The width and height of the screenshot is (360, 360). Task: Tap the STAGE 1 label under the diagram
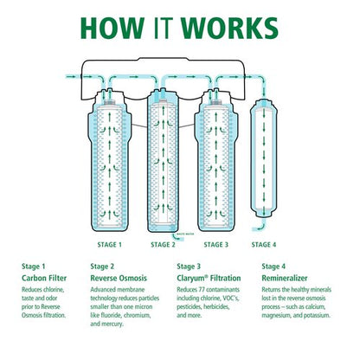108,245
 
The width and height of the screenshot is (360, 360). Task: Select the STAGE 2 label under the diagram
162,245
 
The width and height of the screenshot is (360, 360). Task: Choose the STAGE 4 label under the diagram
267,245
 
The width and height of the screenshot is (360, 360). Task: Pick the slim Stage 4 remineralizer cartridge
267,156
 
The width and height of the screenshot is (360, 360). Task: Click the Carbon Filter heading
44,279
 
